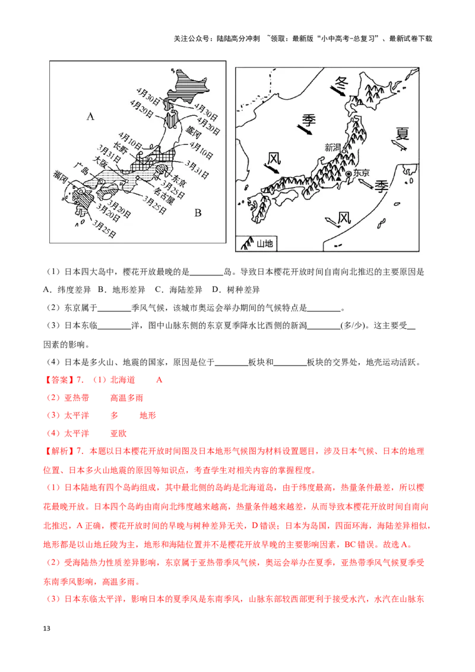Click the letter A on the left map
pos(90,117)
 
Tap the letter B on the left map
pos(198,213)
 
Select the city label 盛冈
pos(194,131)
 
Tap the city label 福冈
pos(60,175)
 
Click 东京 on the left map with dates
pos(180,177)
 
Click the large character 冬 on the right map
pos(340,81)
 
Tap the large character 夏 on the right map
pos(403,132)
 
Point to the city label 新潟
pos(333,147)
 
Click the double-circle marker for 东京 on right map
pos(349,173)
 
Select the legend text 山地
pos(264,243)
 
